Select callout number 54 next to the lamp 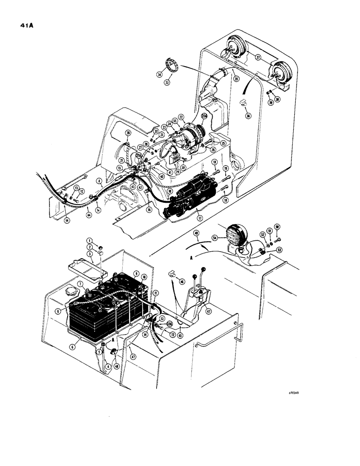(x=215, y=238)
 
